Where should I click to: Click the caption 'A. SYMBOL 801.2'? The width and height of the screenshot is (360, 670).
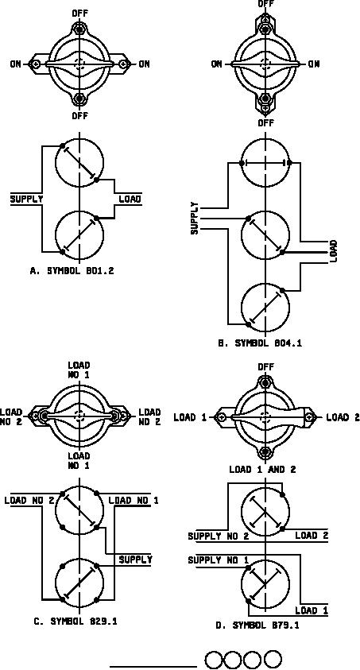[x=72, y=270]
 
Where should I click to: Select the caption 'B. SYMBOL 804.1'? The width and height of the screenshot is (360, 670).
[x=260, y=343]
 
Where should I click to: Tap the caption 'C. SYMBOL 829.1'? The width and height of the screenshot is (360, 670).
[x=75, y=622]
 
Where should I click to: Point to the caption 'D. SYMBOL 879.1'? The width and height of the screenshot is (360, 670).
[x=257, y=625]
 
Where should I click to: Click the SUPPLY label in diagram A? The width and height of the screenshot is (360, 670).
[x=26, y=199]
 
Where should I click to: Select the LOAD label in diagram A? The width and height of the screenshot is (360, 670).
[x=130, y=199]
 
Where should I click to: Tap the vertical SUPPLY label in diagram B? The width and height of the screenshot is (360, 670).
[x=195, y=218]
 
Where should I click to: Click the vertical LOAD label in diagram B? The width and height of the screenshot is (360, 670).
[x=334, y=251]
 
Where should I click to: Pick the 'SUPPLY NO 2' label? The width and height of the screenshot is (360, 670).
[x=219, y=536]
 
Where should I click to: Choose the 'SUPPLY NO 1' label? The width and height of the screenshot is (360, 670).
[x=219, y=560]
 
